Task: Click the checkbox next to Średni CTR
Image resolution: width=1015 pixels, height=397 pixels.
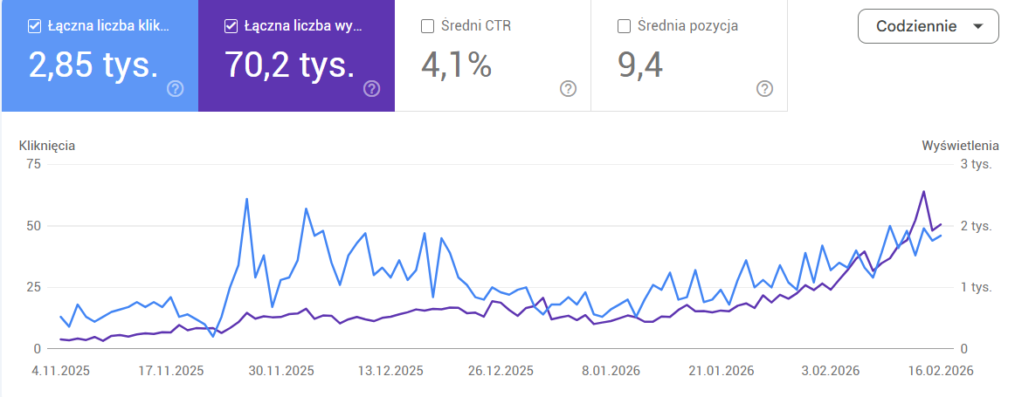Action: click(x=428, y=26)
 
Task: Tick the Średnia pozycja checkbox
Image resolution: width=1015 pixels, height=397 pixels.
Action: click(x=624, y=26)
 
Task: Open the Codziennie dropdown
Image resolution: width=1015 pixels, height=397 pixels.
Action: click(x=927, y=26)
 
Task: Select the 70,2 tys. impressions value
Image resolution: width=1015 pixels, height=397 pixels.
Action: click(x=290, y=65)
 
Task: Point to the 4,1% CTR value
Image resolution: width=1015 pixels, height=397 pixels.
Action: click(x=456, y=65)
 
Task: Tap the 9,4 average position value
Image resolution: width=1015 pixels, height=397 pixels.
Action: click(x=640, y=65)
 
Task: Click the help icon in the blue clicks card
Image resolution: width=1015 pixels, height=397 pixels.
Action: click(x=175, y=88)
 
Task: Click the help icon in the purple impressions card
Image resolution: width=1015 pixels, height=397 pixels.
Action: click(x=371, y=88)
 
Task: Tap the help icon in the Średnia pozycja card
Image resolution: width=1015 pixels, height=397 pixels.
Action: click(x=764, y=88)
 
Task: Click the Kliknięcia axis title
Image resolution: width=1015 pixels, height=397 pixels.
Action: click(x=47, y=146)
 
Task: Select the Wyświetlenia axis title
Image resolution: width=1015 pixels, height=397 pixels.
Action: click(x=960, y=146)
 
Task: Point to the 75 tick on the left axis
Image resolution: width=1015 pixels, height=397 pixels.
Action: click(x=34, y=164)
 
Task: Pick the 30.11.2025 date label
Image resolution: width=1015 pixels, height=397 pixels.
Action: click(x=281, y=370)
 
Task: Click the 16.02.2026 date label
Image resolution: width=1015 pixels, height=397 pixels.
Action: click(x=940, y=370)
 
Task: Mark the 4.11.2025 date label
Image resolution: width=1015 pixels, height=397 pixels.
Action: click(x=61, y=370)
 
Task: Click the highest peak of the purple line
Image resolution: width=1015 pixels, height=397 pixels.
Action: click(x=923, y=191)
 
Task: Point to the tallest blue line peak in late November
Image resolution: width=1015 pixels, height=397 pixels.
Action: click(x=246, y=199)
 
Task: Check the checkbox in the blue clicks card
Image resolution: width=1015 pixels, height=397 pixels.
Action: click(x=35, y=26)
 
